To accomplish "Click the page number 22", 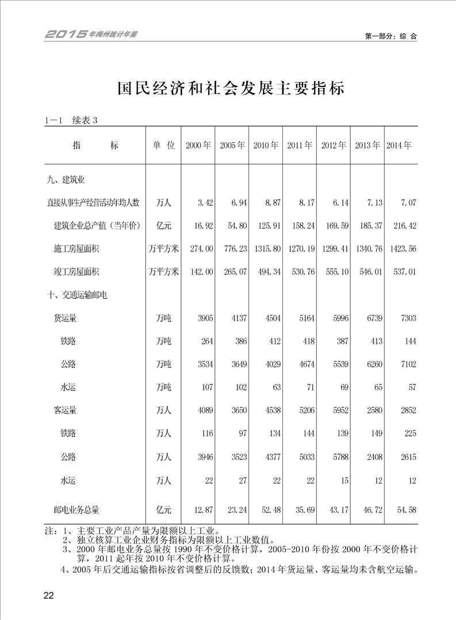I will point(48,595).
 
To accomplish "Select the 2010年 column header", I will point(266,146).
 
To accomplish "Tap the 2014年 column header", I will point(400,146).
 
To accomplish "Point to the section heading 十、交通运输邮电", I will point(78,295).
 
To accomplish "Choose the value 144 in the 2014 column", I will point(409,341).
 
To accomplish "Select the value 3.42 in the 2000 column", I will point(205,203).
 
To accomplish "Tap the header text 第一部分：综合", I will point(390,36).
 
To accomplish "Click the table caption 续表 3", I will point(86,121).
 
